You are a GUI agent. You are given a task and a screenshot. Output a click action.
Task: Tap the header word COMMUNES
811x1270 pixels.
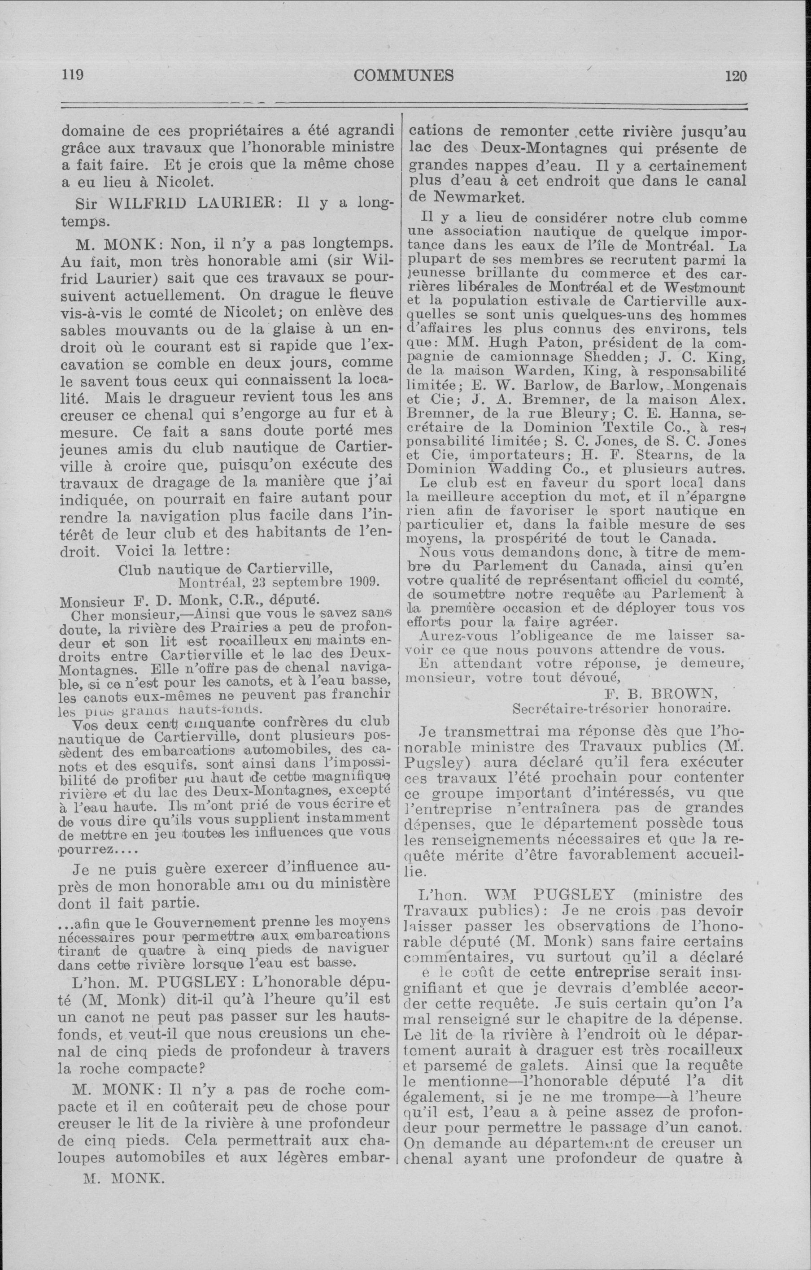click(404, 76)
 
